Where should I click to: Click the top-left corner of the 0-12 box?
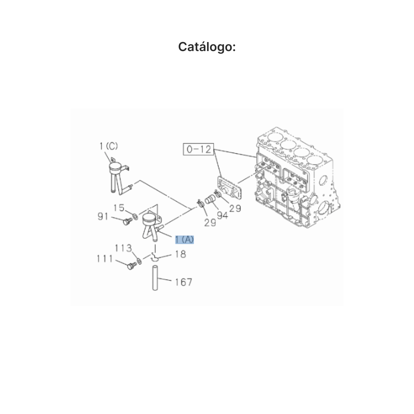pos(183,143)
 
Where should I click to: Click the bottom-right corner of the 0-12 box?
pos(214,155)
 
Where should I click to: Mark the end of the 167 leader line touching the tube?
pos(158,278)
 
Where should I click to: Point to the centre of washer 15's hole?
pos(136,216)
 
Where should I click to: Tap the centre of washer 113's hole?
pos(139,261)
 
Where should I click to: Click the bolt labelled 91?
pos(128,221)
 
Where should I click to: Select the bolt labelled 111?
pos(131,266)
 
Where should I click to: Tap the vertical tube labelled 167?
pos(155,278)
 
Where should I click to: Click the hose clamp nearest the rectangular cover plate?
pos(218,194)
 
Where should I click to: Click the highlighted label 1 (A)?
pos(185,239)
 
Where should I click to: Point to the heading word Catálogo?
pos(207,47)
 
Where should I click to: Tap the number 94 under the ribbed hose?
pos(223,215)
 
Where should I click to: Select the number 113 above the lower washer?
pos(123,248)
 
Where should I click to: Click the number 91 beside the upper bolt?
pos(103,216)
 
